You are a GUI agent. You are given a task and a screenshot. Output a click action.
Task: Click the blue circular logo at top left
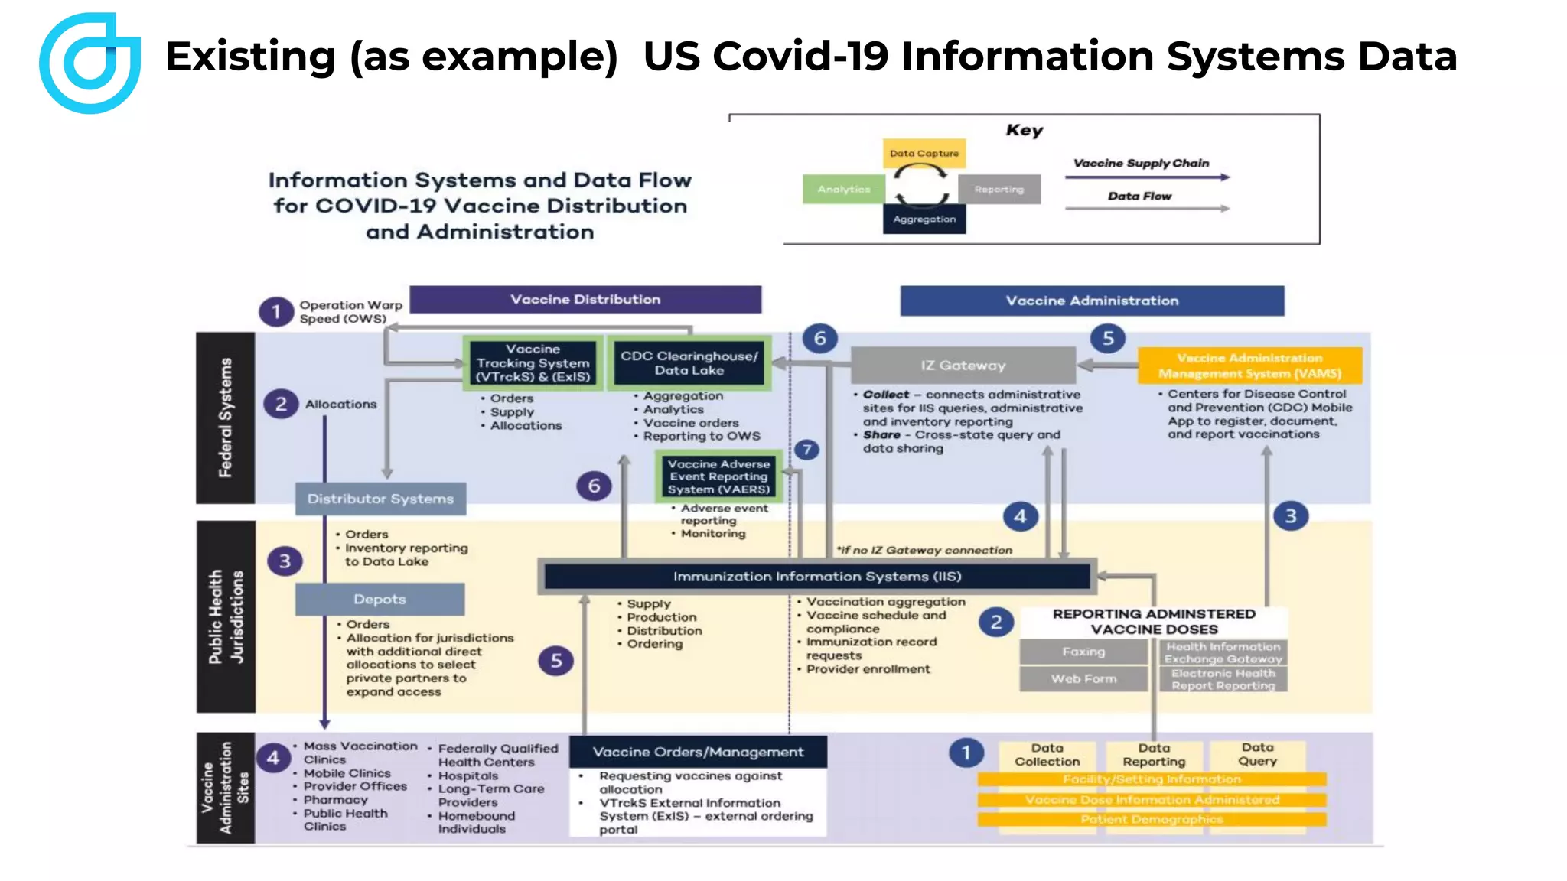coord(90,63)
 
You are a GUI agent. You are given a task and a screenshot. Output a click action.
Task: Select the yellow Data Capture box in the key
coord(924,153)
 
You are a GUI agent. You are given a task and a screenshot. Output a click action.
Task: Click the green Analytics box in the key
coord(843,189)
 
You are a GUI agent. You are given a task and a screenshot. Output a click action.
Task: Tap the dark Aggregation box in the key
coord(924,219)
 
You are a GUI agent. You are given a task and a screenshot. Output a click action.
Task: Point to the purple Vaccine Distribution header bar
coord(585,300)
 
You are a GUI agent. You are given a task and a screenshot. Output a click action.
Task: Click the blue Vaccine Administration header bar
coord(1092,301)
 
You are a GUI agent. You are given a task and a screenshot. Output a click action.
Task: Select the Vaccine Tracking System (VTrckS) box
coord(533,362)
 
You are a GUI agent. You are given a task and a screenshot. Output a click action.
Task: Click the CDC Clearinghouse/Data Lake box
coord(689,362)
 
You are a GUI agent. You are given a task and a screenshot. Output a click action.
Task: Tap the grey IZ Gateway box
coord(963,365)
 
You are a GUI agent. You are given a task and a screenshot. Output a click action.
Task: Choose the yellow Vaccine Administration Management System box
coord(1249,366)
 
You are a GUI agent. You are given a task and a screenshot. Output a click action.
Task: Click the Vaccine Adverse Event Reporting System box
coord(718,476)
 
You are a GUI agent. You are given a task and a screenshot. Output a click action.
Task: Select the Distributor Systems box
coord(380,499)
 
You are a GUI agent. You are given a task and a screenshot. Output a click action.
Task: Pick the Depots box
coord(380,599)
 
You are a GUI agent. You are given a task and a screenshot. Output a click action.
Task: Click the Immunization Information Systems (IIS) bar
coord(816,577)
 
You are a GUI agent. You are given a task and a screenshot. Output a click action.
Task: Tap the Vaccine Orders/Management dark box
coord(698,752)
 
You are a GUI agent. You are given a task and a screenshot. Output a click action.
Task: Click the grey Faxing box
coord(1083,652)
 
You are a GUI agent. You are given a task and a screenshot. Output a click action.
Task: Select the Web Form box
coord(1083,678)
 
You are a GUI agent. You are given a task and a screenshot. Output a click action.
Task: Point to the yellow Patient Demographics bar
coord(1152,819)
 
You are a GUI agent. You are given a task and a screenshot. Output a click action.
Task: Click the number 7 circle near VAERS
coord(806,450)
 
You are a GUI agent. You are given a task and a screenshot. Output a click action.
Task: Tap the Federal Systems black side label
coord(225,418)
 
